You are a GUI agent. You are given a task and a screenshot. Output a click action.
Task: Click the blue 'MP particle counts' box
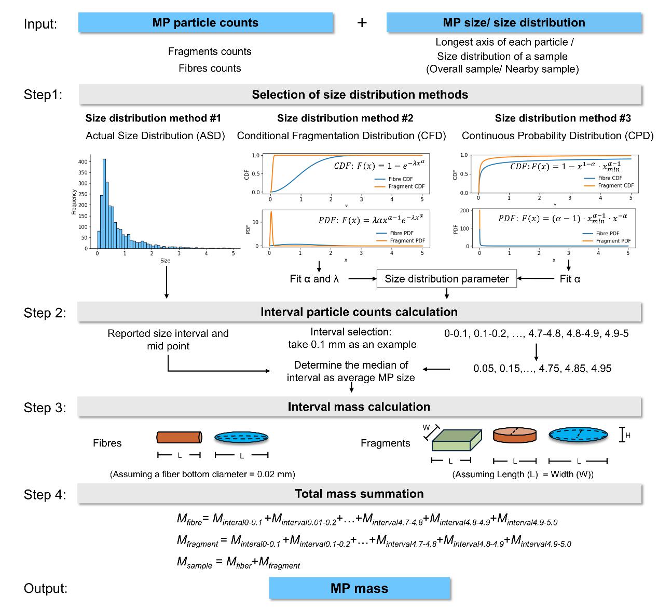point(205,23)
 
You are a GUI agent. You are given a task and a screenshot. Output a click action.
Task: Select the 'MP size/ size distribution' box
point(514,23)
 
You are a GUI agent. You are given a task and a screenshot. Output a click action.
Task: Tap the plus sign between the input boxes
point(362,23)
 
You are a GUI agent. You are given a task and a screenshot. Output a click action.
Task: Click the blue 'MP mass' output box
point(359,588)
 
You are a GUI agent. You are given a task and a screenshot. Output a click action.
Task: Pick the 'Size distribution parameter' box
point(446,279)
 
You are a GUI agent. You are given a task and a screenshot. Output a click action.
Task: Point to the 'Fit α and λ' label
point(314,279)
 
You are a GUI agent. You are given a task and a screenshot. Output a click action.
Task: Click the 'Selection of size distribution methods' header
point(360,94)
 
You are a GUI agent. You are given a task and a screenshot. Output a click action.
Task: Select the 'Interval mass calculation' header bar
point(359,407)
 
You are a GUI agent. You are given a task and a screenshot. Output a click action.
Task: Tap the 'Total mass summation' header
point(359,494)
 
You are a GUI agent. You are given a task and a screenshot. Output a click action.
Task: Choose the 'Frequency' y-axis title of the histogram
point(74,202)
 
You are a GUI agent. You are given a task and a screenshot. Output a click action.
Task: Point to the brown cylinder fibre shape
point(179,438)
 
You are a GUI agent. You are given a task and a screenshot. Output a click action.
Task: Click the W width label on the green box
point(426,428)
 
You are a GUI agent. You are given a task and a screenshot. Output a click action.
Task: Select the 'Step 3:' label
point(45,408)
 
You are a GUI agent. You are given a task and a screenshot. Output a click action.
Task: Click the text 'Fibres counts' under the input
point(210,68)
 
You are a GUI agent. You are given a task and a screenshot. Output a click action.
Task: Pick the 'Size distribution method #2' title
point(345,118)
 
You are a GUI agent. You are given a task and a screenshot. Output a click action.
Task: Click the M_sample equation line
point(238,562)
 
